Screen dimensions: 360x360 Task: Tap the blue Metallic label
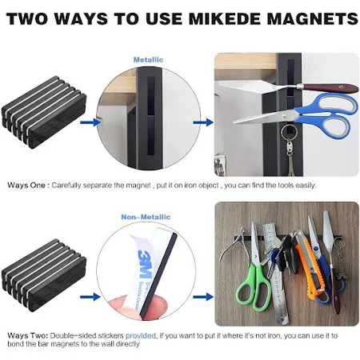point(148,60)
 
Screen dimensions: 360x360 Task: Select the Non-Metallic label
point(146,217)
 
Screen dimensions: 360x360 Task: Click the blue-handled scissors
point(296,115)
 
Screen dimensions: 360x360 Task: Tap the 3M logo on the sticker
point(145,263)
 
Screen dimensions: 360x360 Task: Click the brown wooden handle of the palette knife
point(330,88)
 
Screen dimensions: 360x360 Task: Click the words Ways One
point(26,186)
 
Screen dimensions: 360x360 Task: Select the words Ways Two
point(28,335)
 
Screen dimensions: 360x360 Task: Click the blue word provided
point(141,335)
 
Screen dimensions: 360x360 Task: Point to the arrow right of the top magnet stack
point(90,122)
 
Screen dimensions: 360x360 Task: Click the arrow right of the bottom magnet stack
point(90,297)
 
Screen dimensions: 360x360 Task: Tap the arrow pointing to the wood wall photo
point(203,297)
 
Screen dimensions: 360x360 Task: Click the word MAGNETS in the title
point(313,18)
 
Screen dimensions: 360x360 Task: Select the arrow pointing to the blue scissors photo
point(203,122)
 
